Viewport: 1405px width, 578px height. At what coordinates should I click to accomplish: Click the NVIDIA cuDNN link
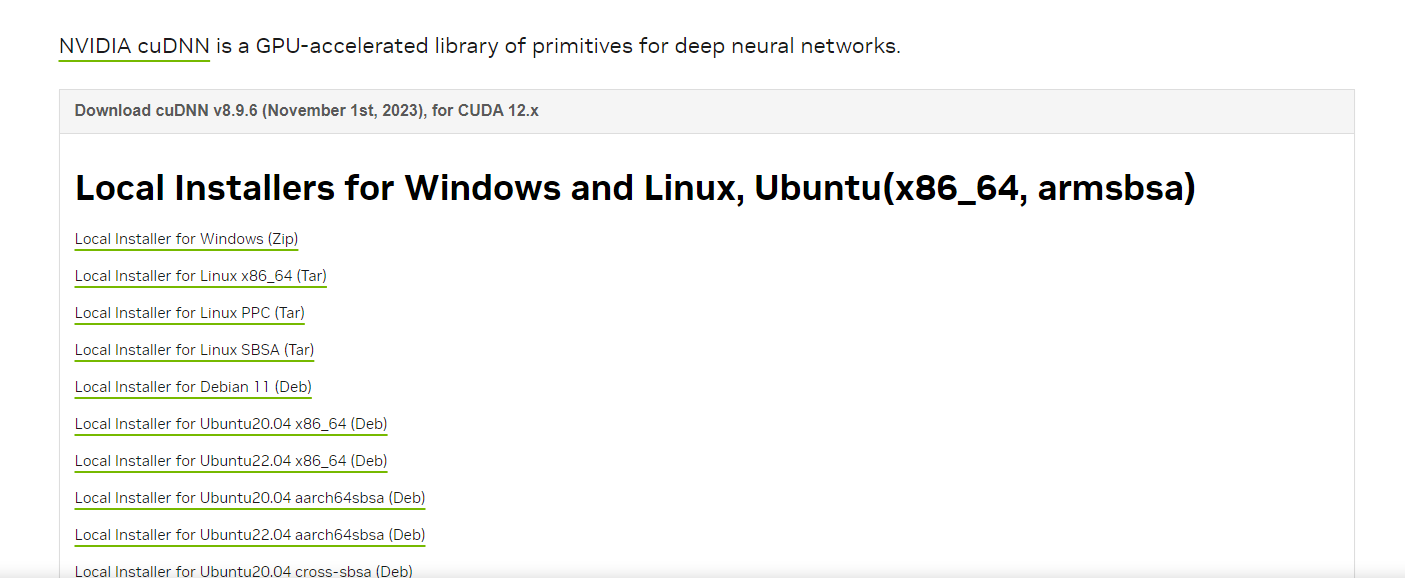134,46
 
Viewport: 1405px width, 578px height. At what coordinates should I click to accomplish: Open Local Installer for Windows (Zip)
186,239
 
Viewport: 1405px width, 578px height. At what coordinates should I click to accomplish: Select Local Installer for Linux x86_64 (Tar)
200,276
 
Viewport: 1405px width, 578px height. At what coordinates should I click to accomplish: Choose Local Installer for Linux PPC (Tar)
189,313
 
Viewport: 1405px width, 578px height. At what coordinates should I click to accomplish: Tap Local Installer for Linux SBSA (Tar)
194,350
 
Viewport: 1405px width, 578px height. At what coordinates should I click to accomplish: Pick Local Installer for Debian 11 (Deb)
193,387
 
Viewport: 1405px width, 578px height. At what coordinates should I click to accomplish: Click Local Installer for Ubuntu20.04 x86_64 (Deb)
230,424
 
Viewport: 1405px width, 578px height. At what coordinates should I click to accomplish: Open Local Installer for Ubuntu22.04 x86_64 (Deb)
230,461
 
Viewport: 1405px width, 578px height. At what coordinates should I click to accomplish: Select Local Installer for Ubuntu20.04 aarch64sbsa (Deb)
249,498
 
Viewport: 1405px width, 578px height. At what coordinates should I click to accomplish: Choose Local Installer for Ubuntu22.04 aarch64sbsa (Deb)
249,535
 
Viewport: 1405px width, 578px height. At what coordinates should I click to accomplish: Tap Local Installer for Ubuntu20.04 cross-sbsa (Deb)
243,571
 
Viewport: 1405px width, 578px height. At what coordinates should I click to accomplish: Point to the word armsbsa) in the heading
1116,188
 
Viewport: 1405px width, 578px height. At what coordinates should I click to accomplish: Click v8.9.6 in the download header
235,111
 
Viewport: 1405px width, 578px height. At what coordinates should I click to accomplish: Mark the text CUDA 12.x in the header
498,111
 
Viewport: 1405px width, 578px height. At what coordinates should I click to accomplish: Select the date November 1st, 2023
343,111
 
